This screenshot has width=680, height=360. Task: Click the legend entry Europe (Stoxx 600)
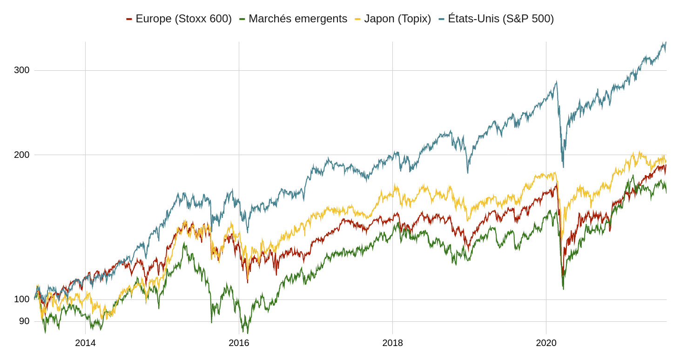[183, 19]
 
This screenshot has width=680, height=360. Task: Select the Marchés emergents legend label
[297, 19]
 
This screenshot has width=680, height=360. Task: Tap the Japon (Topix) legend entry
[397, 19]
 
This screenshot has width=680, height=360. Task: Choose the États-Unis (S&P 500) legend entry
[500, 19]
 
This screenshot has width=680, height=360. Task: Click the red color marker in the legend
[129, 19]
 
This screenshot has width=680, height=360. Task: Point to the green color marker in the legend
[242, 19]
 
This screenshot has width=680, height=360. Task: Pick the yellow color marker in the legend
[357, 19]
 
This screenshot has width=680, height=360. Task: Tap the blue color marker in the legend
[441, 19]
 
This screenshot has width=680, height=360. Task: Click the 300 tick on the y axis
[21, 70]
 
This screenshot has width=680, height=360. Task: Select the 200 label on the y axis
[21, 155]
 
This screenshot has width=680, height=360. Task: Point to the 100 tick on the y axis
[21, 299]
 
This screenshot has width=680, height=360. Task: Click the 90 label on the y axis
[24, 321]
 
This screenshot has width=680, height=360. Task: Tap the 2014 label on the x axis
[85, 343]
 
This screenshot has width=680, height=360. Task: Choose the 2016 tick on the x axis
[239, 343]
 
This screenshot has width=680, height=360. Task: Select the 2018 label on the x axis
[392, 343]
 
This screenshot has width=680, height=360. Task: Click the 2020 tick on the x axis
[546, 343]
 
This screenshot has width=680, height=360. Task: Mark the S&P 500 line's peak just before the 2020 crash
[556, 82]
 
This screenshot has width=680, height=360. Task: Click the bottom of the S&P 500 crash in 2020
[563, 167]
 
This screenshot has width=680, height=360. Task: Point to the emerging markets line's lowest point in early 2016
[248, 333]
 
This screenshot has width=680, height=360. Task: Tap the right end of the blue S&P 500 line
[666, 42]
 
